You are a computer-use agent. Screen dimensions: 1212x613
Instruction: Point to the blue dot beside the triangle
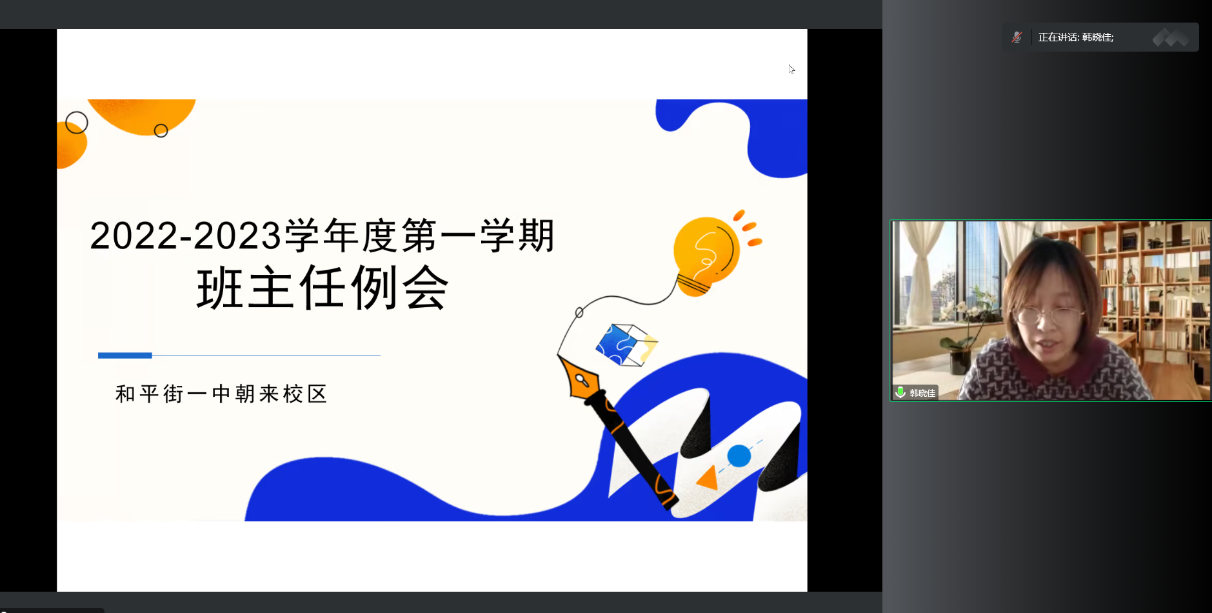pyautogui.click(x=739, y=456)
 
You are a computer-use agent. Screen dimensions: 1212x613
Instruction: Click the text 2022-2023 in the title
pyautogui.click(x=186, y=236)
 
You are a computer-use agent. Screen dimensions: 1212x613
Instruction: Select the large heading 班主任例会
pyautogui.click(x=323, y=288)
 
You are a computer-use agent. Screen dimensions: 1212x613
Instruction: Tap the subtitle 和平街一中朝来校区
pyautogui.click(x=221, y=394)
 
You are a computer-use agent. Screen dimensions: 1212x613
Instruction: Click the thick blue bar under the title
pyautogui.click(x=125, y=356)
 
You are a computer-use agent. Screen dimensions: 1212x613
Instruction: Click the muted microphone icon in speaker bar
pyautogui.click(x=1017, y=37)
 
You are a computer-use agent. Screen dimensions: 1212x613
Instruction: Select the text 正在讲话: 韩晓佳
pyautogui.click(x=1076, y=37)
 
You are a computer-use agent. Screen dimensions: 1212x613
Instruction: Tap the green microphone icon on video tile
pyautogui.click(x=900, y=392)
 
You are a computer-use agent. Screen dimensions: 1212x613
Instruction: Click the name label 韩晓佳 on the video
pyautogui.click(x=922, y=393)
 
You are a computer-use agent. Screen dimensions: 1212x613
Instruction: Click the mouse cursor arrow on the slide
pyautogui.click(x=791, y=69)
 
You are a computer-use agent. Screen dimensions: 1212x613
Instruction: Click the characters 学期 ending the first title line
pyautogui.click(x=517, y=236)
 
